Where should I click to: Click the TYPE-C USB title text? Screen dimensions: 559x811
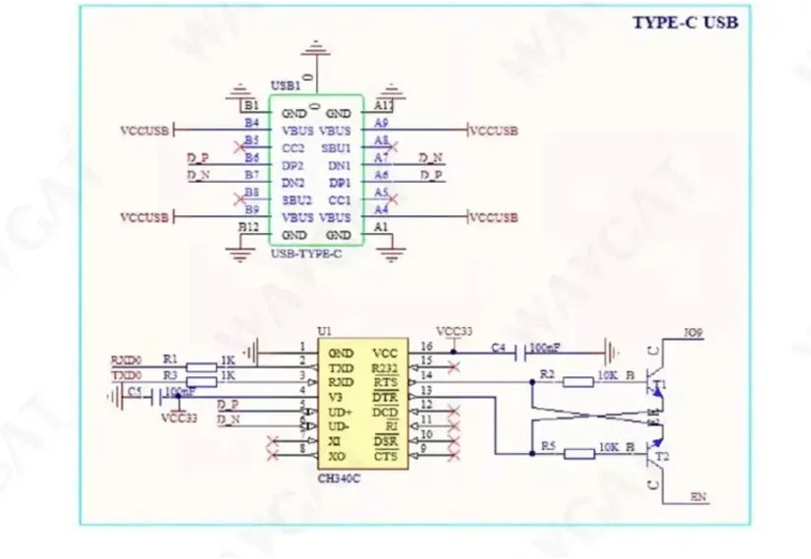coord(684,23)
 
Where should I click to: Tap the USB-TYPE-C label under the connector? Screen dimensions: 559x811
coord(305,253)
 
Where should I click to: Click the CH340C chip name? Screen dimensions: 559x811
coord(339,478)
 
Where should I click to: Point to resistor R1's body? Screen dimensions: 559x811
coord(200,367)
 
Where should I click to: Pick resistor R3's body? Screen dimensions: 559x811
coord(200,379)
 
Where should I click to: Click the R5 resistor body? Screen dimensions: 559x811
coord(580,454)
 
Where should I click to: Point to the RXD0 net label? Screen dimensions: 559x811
coord(125,361)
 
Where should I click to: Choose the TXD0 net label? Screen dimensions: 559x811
coord(125,375)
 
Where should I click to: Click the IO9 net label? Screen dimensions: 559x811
coord(693,334)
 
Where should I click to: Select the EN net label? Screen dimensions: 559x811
coord(698,498)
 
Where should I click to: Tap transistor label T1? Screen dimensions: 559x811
coord(660,383)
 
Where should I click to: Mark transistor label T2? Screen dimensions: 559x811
coord(663,457)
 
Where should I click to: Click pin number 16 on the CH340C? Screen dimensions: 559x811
coord(426,347)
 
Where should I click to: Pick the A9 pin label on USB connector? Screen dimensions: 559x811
coord(382,123)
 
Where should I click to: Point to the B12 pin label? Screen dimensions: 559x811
coord(249,227)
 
